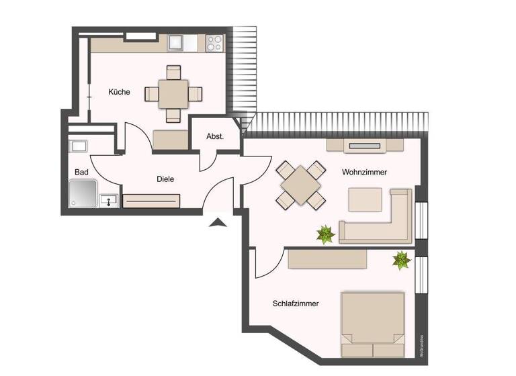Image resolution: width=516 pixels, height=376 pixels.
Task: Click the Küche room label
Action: [x=119, y=92]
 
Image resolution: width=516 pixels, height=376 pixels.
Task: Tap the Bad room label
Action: [x=81, y=173]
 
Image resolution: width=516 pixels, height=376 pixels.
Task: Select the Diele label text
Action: [x=165, y=179]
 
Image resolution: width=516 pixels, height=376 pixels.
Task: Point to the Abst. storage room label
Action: [x=215, y=136]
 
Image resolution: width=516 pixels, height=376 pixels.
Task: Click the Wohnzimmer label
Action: [x=364, y=173]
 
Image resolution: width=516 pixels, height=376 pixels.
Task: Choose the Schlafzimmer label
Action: [x=296, y=303]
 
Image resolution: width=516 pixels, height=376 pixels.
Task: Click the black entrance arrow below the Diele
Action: [x=218, y=223]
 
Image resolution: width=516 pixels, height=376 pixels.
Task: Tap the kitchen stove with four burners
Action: [x=214, y=44]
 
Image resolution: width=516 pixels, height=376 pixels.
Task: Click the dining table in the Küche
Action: [x=174, y=94]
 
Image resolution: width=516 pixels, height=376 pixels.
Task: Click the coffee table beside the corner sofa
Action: [x=365, y=199]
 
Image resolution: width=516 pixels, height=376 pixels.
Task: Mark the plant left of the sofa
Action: [x=326, y=234]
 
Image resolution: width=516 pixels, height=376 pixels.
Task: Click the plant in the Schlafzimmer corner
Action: [x=402, y=259]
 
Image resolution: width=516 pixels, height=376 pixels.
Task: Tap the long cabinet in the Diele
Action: [x=151, y=201]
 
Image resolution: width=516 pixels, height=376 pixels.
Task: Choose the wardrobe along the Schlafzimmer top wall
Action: [x=327, y=258]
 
